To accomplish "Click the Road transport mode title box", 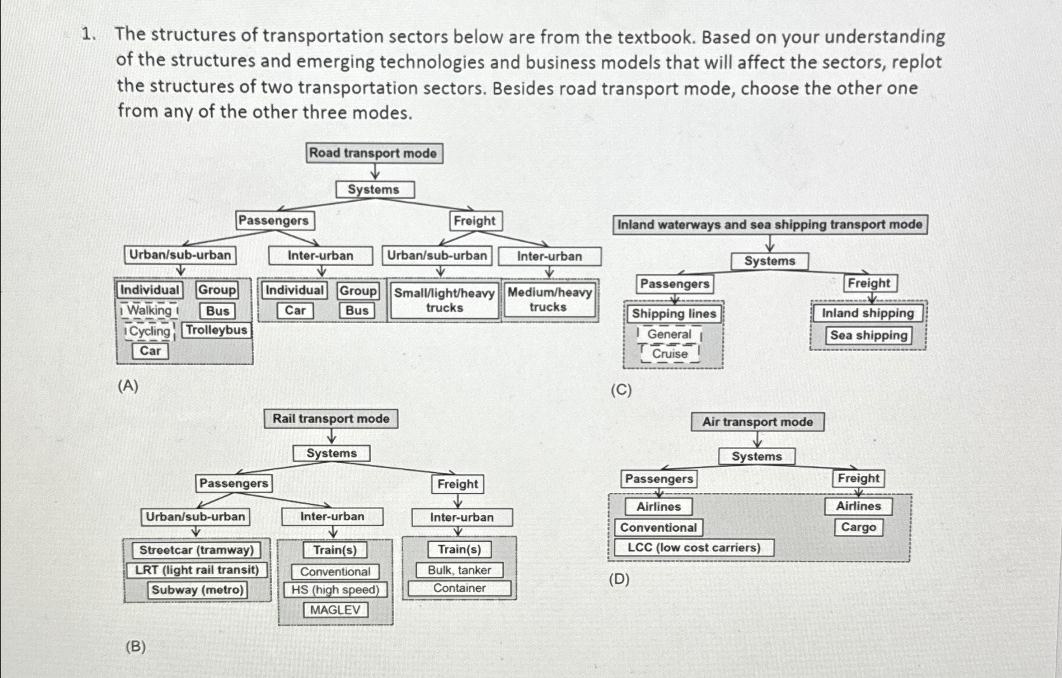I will click(373, 153).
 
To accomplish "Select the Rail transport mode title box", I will click(331, 419).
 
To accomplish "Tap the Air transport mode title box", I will click(757, 422).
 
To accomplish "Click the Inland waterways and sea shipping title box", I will click(770, 225).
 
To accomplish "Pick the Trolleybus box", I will click(217, 330).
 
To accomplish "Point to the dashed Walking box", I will click(149, 310).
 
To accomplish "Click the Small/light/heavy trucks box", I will click(444, 300).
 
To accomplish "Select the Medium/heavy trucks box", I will click(549, 300).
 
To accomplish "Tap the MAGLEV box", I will click(336, 610).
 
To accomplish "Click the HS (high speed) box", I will click(335, 590).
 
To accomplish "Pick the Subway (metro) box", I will click(197, 590).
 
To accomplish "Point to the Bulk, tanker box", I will click(459, 570).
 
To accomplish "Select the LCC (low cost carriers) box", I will click(693, 548).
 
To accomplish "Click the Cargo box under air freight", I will click(858, 527).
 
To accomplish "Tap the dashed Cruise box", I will click(670, 354).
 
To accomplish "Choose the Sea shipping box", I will click(868, 335).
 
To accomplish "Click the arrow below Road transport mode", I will click(375, 172).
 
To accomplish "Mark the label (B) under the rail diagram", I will click(135, 647).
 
